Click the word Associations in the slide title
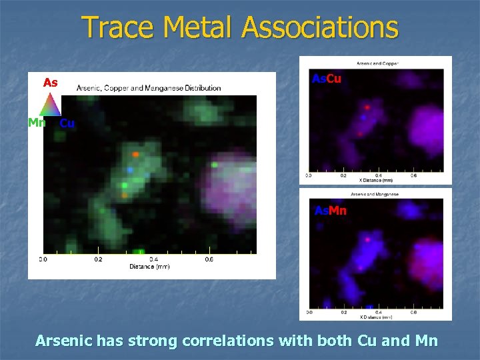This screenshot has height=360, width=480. coord(320,28)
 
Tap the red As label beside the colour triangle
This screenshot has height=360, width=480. coord(50,83)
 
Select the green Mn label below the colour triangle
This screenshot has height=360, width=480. coord(37,123)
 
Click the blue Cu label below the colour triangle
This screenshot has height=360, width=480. coord(67,123)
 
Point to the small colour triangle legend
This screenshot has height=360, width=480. coord(50,105)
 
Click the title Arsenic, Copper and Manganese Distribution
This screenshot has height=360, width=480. coord(149,88)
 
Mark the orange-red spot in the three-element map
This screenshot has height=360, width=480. coord(135,154)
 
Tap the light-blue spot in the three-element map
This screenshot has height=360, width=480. coord(131,171)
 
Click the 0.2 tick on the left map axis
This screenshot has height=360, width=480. coord(98,259)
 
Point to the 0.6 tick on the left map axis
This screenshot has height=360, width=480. coord(209,259)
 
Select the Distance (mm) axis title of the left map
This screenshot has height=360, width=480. coord(149,267)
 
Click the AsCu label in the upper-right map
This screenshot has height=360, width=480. coord(327,79)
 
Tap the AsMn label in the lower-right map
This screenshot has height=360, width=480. coord(330,211)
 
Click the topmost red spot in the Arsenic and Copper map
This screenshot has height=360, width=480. coord(367,106)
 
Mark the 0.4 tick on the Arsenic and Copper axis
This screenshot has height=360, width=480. coord(378,176)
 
